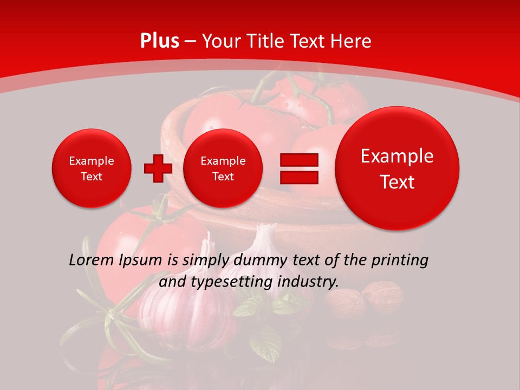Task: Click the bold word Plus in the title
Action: pyautogui.click(x=160, y=41)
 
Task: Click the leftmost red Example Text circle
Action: pyautogui.click(x=91, y=168)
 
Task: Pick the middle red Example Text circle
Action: pyautogui.click(x=223, y=168)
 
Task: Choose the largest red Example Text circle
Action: pyautogui.click(x=397, y=168)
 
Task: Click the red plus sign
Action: pyautogui.click(x=158, y=168)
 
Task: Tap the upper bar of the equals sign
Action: pyautogui.click(x=298, y=160)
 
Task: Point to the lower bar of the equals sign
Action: pyautogui.click(x=298, y=177)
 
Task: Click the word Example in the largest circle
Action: pyautogui.click(x=397, y=156)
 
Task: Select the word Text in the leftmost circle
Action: pyautogui.click(x=91, y=177)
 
